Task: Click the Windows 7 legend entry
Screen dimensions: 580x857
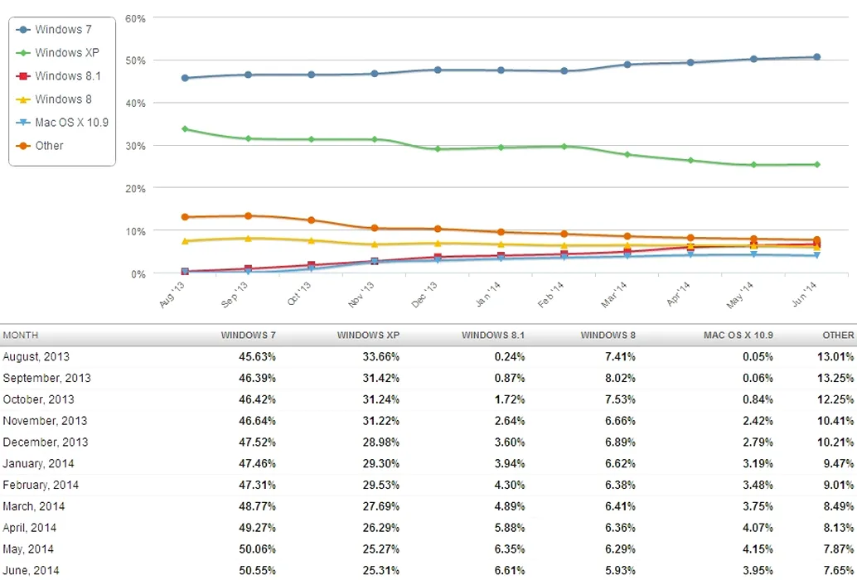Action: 63,30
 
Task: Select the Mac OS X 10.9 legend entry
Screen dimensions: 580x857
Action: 71,122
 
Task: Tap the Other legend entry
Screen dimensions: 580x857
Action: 49,145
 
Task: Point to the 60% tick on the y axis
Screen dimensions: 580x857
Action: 135,17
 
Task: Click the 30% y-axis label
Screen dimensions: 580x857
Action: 135,146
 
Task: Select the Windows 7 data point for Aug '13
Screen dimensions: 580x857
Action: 184,78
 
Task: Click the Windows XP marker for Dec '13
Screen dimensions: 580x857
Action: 438,149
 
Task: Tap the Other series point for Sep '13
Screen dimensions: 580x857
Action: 248,216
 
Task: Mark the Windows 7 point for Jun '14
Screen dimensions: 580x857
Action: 816,57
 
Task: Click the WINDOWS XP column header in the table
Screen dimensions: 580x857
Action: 369,336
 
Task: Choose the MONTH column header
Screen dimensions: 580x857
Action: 21,336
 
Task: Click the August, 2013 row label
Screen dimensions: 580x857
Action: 36,357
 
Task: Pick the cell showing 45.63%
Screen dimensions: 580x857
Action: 256,357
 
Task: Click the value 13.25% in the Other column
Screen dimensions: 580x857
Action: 835,379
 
